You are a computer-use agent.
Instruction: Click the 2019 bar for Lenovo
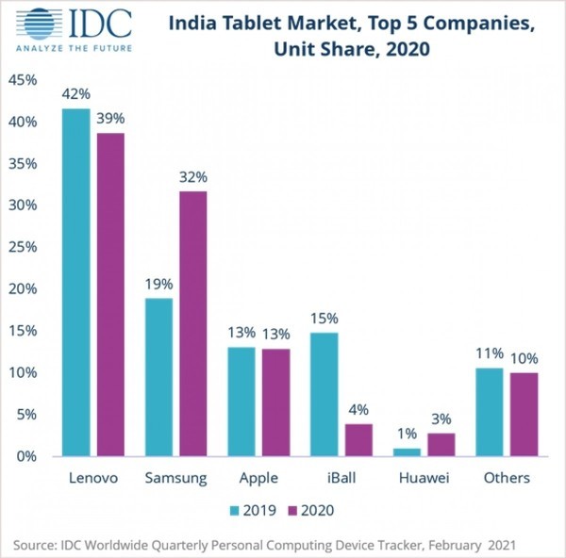[76, 282]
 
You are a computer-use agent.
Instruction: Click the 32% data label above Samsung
[192, 176]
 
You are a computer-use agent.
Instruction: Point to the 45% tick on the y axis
[23, 81]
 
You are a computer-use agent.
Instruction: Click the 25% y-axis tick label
[23, 247]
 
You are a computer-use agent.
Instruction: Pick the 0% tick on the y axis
[26, 456]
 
